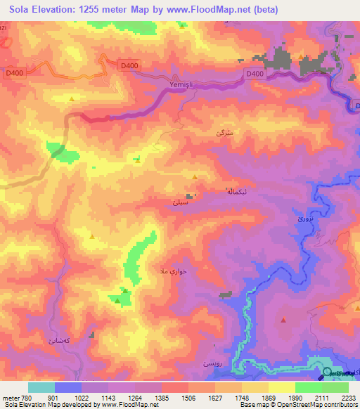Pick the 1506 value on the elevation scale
click(x=188, y=398)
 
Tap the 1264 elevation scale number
click(x=136, y=398)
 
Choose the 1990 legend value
click(x=295, y=398)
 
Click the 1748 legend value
click(x=242, y=398)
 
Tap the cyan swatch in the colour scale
click(x=41, y=387)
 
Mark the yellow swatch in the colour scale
click(x=281, y=387)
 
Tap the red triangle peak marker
click(x=283, y=320)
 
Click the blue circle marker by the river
click(x=328, y=373)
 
